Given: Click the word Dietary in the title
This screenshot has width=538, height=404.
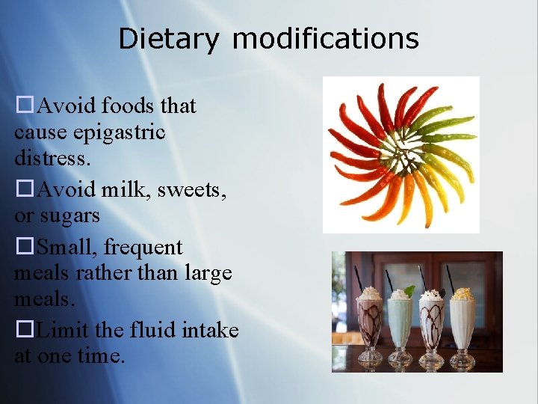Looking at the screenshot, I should (x=169, y=38).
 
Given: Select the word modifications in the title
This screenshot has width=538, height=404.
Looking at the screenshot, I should (x=325, y=38).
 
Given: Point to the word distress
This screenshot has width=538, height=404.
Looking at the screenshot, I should (x=49, y=159).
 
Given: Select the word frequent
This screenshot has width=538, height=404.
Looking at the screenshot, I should (x=143, y=246).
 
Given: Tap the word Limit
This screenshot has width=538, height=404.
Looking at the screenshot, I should (x=63, y=329).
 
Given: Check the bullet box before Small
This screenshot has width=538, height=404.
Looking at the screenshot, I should (x=25, y=247).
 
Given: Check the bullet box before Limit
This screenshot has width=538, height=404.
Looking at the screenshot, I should (x=25, y=330).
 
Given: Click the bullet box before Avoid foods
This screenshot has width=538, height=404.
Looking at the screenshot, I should (x=25, y=106).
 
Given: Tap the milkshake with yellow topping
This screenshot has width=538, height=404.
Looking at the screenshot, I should (x=462, y=322).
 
